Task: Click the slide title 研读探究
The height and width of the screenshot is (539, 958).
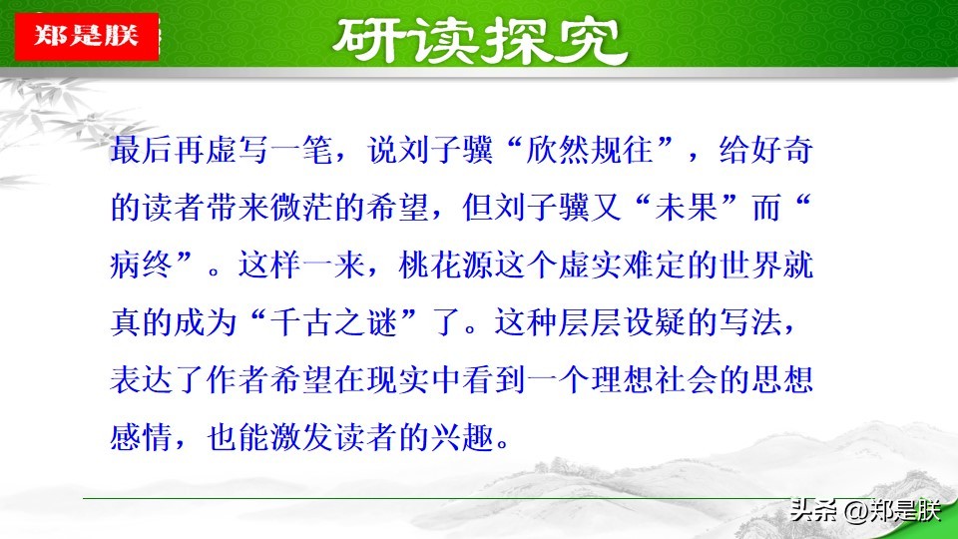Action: pos(480,41)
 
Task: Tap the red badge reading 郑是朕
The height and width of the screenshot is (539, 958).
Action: pos(87,36)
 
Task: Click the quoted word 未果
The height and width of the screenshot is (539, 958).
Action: pos(686,208)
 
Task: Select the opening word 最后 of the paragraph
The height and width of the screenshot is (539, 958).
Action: pos(142,151)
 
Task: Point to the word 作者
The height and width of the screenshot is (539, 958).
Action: pos(239,380)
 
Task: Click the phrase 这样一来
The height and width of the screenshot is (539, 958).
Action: pos(301,266)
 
